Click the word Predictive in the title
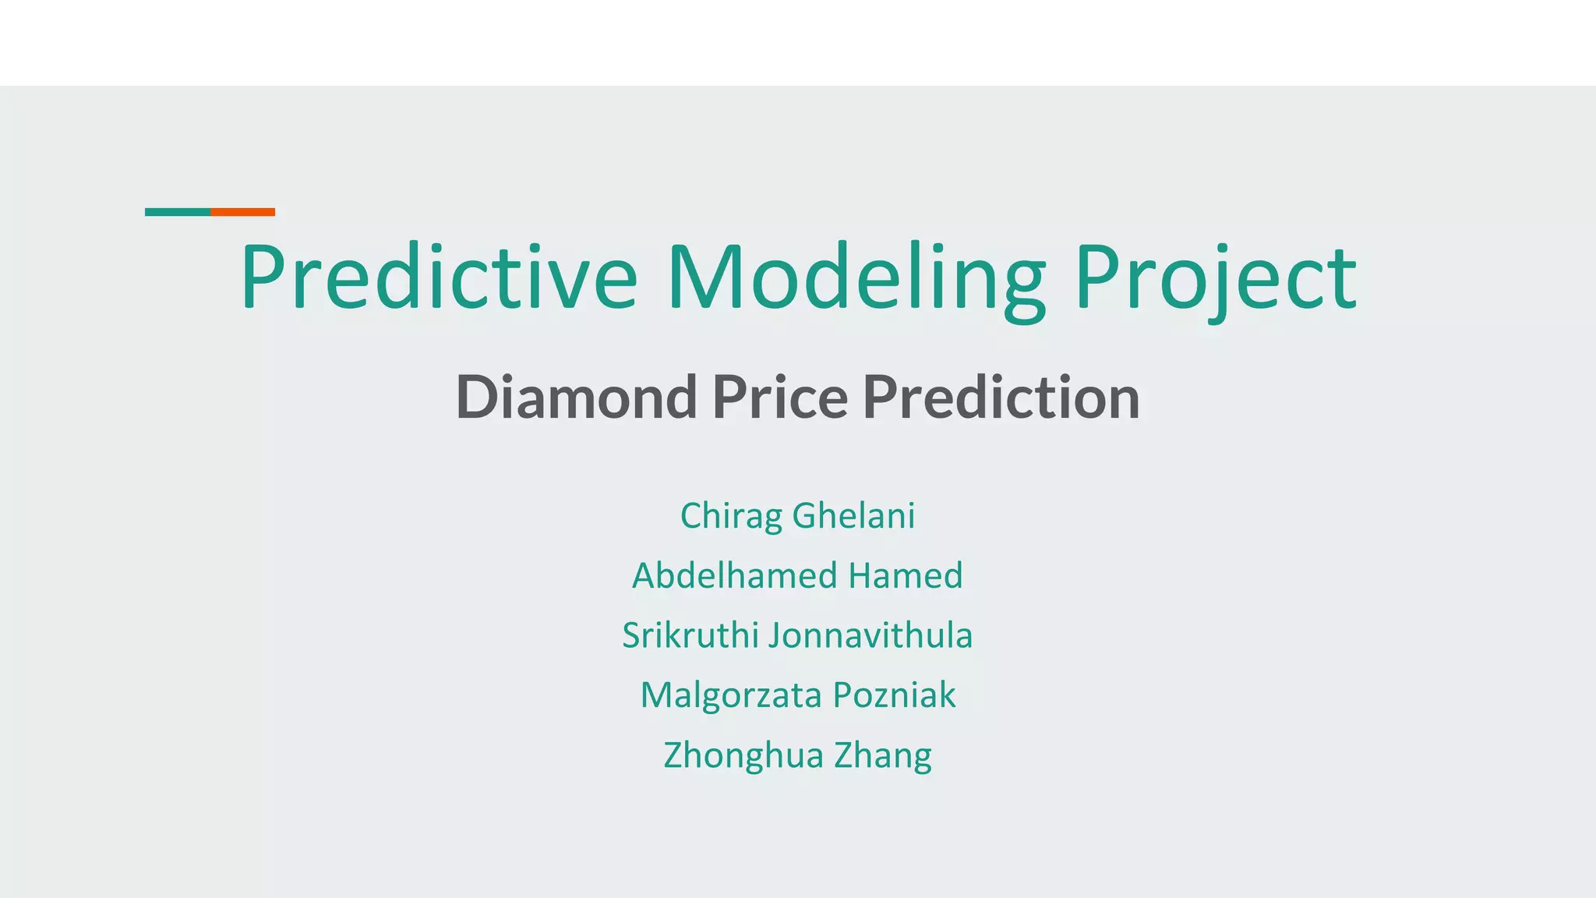[439, 278]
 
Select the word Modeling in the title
[856, 278]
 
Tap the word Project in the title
[1216, 278]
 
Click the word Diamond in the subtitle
[576, 398]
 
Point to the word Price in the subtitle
[780, 398]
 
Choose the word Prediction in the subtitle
[1001, 398]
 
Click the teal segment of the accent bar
[178, 212]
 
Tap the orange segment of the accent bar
[242, 212]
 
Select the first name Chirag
[731, 516]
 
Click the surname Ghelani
[853, 516]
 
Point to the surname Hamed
[906, 576]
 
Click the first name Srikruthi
[690, 635]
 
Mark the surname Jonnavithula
[870, 635]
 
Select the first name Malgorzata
[730, 695]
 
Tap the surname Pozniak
[894, 695]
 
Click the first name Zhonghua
[743, 755]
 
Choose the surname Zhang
[883, 755]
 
